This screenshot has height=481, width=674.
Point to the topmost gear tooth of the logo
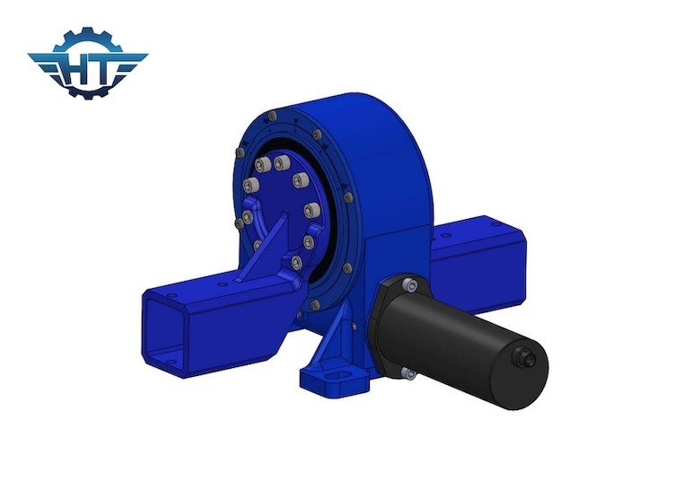(87, 31)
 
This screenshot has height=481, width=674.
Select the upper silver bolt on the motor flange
(412, 286)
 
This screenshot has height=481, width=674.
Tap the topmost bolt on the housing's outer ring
(269, 115)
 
